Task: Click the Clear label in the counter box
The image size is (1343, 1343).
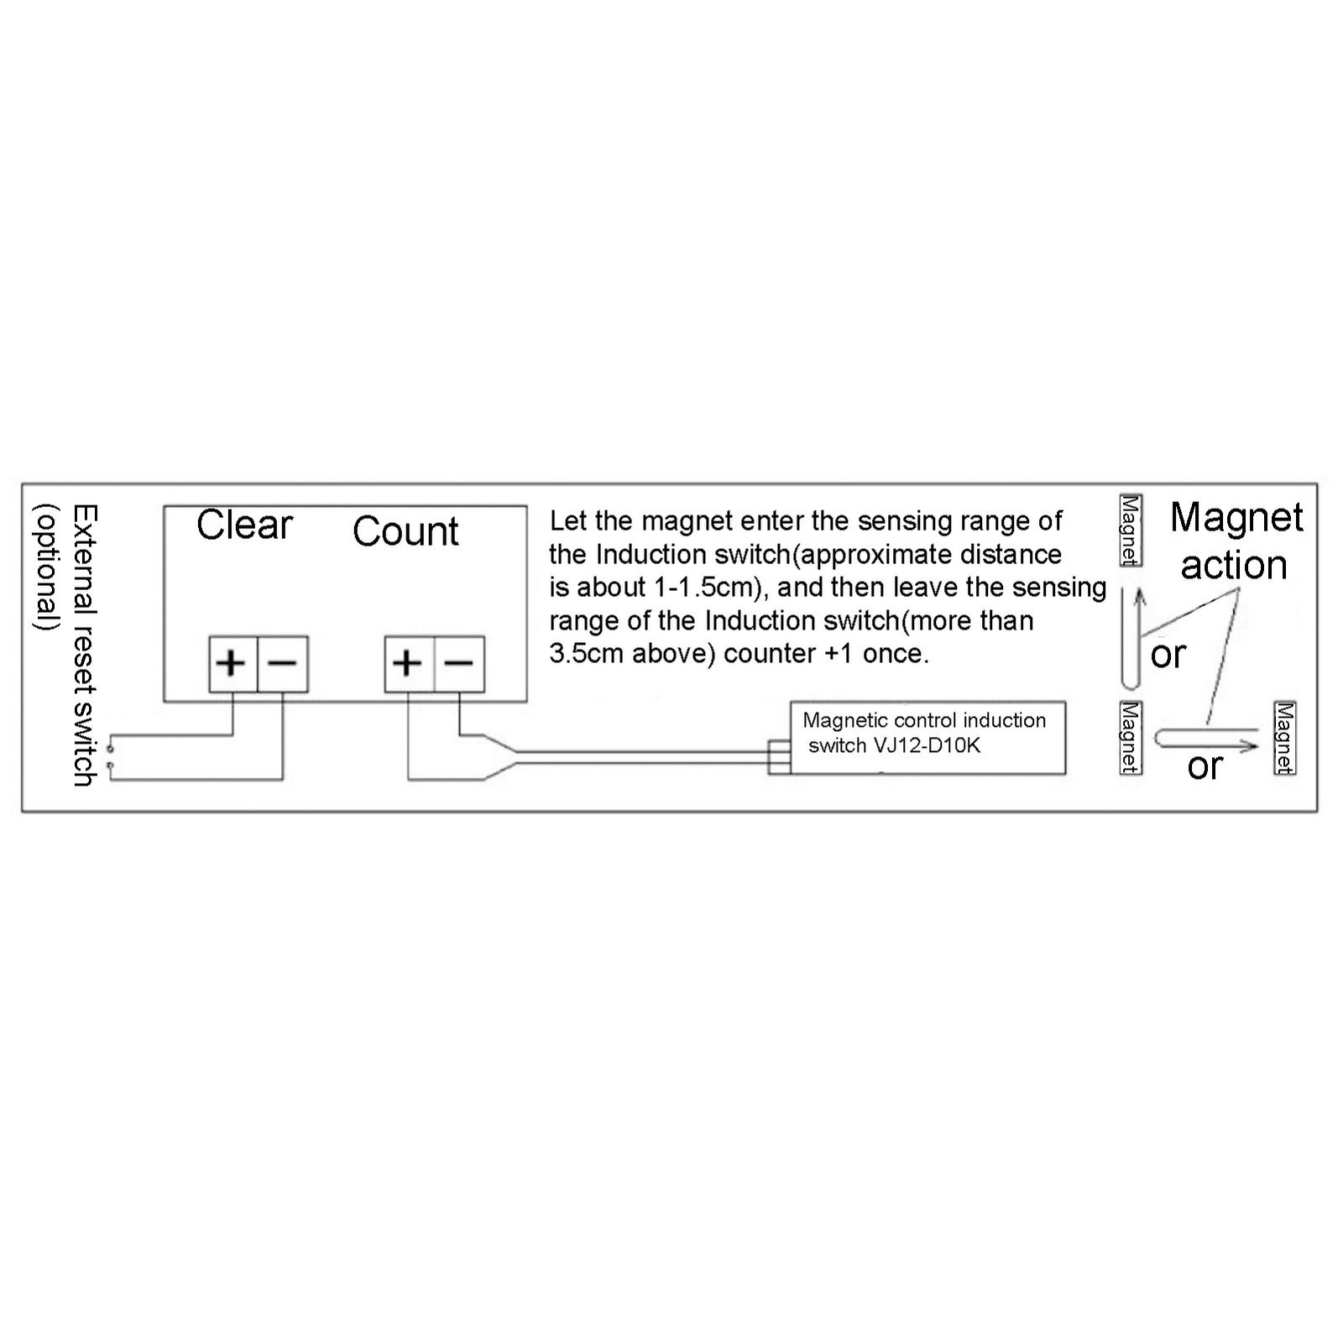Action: point(244,525)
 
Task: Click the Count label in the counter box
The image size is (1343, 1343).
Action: point(405,531)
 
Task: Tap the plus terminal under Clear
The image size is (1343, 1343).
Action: point(233,664)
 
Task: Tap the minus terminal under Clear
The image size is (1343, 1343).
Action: point(283,664)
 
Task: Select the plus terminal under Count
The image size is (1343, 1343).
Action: point(409,664)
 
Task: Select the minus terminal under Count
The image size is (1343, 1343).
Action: point(459,664)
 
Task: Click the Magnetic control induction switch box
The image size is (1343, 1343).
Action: point(928,738)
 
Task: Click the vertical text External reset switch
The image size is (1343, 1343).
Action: point(85,645)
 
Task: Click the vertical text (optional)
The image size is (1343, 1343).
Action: point(46,567)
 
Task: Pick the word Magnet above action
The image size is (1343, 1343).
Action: point(1236,517)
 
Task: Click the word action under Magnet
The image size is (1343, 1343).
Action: point(1234,565)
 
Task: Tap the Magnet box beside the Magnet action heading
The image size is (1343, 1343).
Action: point(1131,530)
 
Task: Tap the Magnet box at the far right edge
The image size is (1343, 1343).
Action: point(1284,738)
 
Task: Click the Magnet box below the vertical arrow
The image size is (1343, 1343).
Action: point(1131,738)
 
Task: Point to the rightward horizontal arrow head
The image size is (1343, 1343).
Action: point(1253,745)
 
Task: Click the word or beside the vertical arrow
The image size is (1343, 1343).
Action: point(1168,655)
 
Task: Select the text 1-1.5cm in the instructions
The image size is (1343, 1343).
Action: point(700,588)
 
